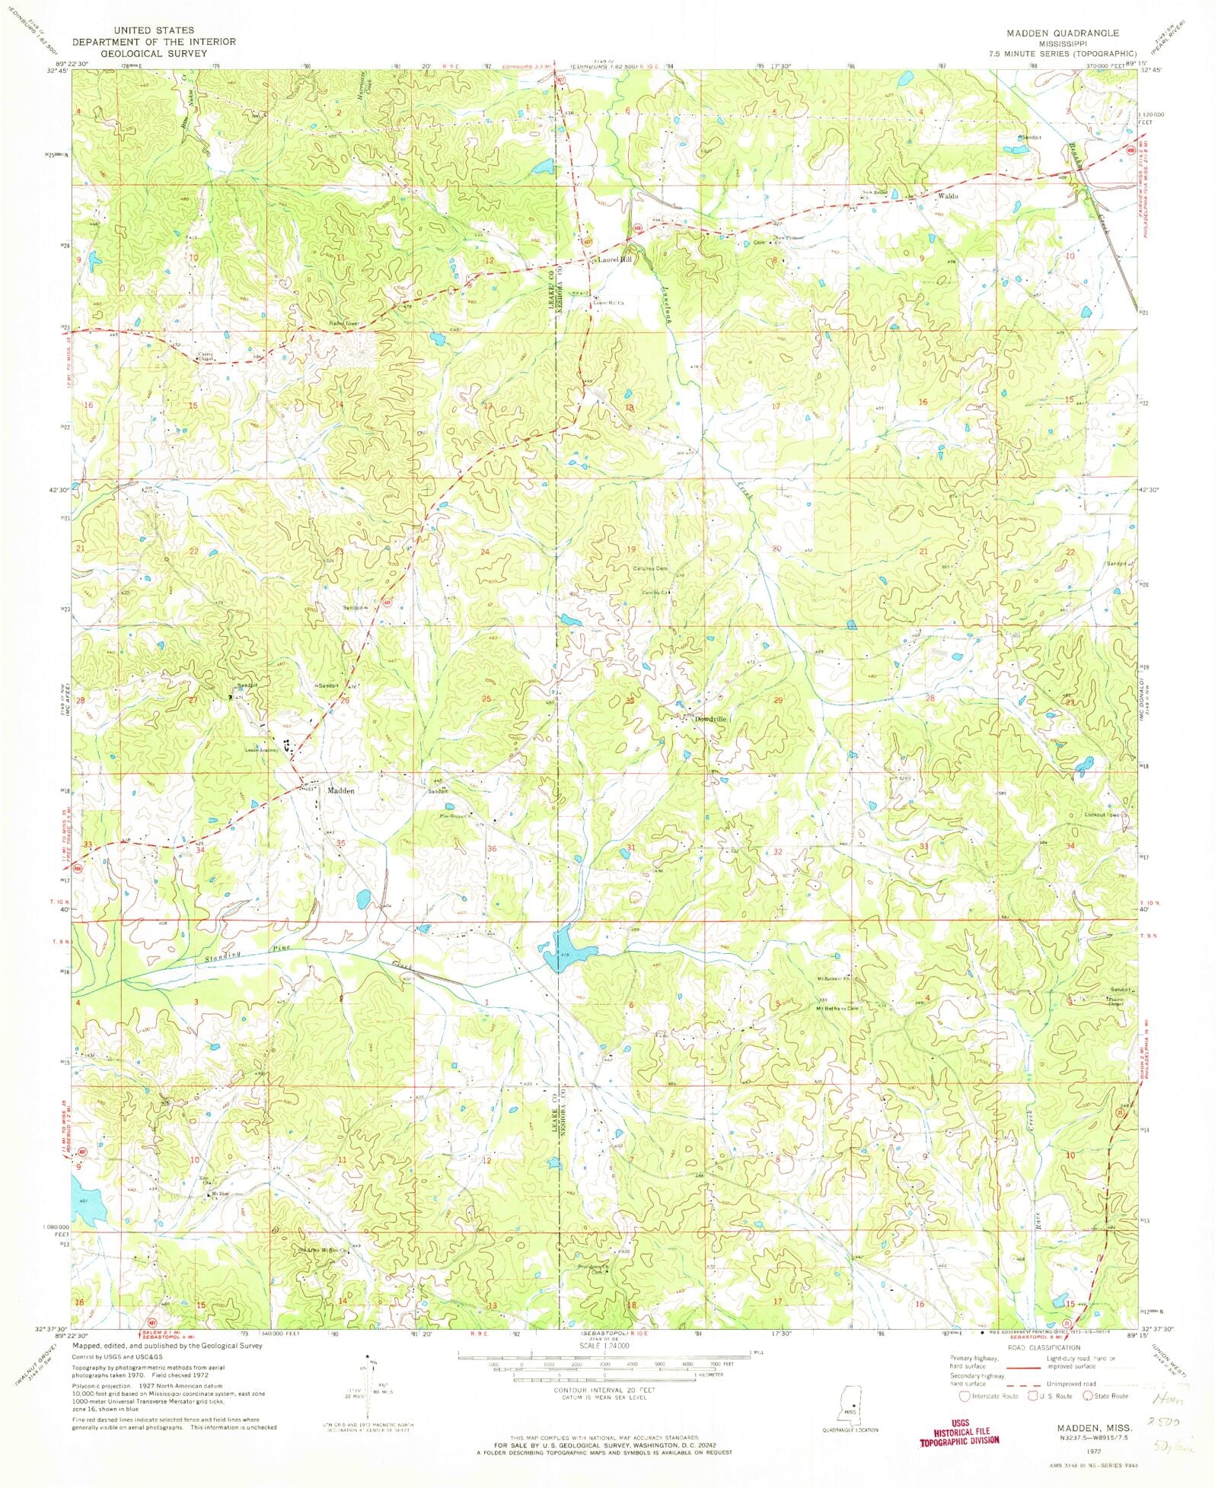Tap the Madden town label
(x=340, y=790)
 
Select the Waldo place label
(x=948, y=196)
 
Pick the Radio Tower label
(x=343, y=323)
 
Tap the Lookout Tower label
(x=1104, y=815)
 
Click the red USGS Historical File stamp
(x=960, y=1436)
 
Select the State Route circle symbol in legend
(x=1089, y=1396)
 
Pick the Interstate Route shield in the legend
(x=965, y=1396)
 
